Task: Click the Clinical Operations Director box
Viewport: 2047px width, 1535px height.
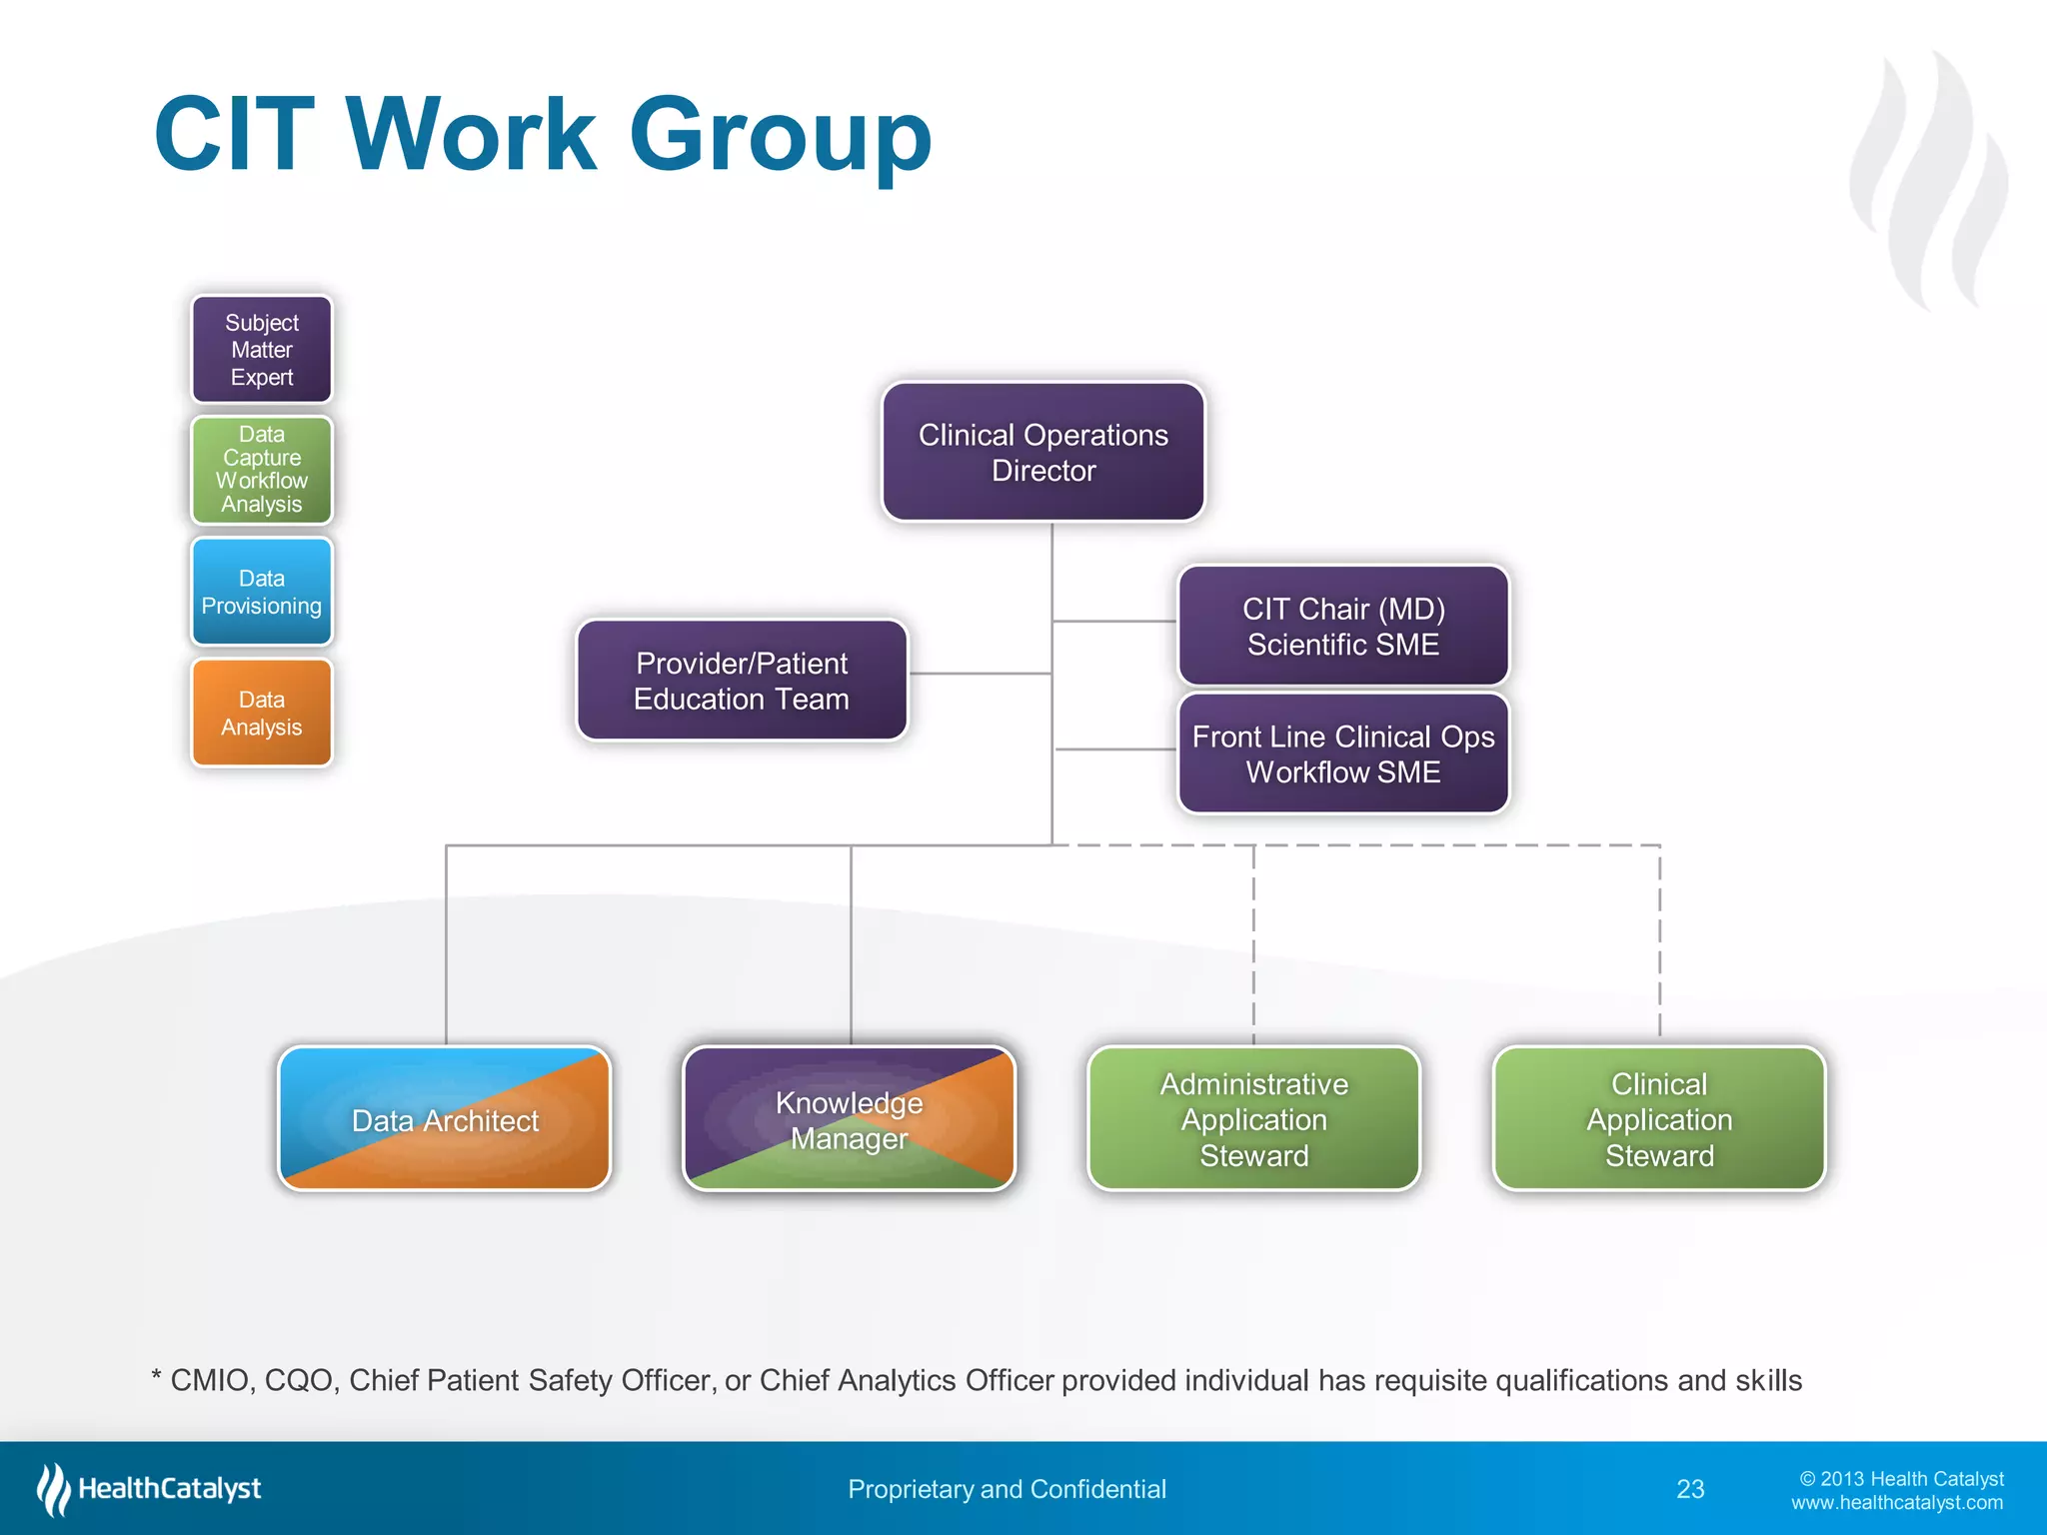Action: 1042,452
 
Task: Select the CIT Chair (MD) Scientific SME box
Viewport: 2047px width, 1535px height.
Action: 1342,627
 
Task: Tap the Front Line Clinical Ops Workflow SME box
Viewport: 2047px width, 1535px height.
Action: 1342,755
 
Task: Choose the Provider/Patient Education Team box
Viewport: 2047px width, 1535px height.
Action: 742,681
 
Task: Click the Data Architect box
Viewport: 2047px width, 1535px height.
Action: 445,1119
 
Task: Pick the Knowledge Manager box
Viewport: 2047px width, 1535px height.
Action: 849,1119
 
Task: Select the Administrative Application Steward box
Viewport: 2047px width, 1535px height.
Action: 1253,1119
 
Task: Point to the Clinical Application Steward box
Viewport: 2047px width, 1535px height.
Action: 1658,1119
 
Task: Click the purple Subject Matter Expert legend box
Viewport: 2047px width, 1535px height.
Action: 262,350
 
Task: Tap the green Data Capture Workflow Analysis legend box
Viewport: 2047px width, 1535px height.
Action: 262,470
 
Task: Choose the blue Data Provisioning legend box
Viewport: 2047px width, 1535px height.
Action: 262,592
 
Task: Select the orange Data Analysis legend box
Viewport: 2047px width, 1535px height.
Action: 262,714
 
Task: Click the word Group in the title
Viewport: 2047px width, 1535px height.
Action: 780,135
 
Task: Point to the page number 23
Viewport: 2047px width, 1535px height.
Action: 1690,1489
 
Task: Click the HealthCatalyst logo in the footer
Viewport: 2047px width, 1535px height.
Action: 150,1489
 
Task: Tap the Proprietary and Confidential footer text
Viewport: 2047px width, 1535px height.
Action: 1007,1489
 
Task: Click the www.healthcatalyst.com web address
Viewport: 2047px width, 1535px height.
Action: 1896,1503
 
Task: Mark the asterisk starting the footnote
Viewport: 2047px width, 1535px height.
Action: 157,1377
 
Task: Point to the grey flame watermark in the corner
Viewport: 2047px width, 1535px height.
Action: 1929,180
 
